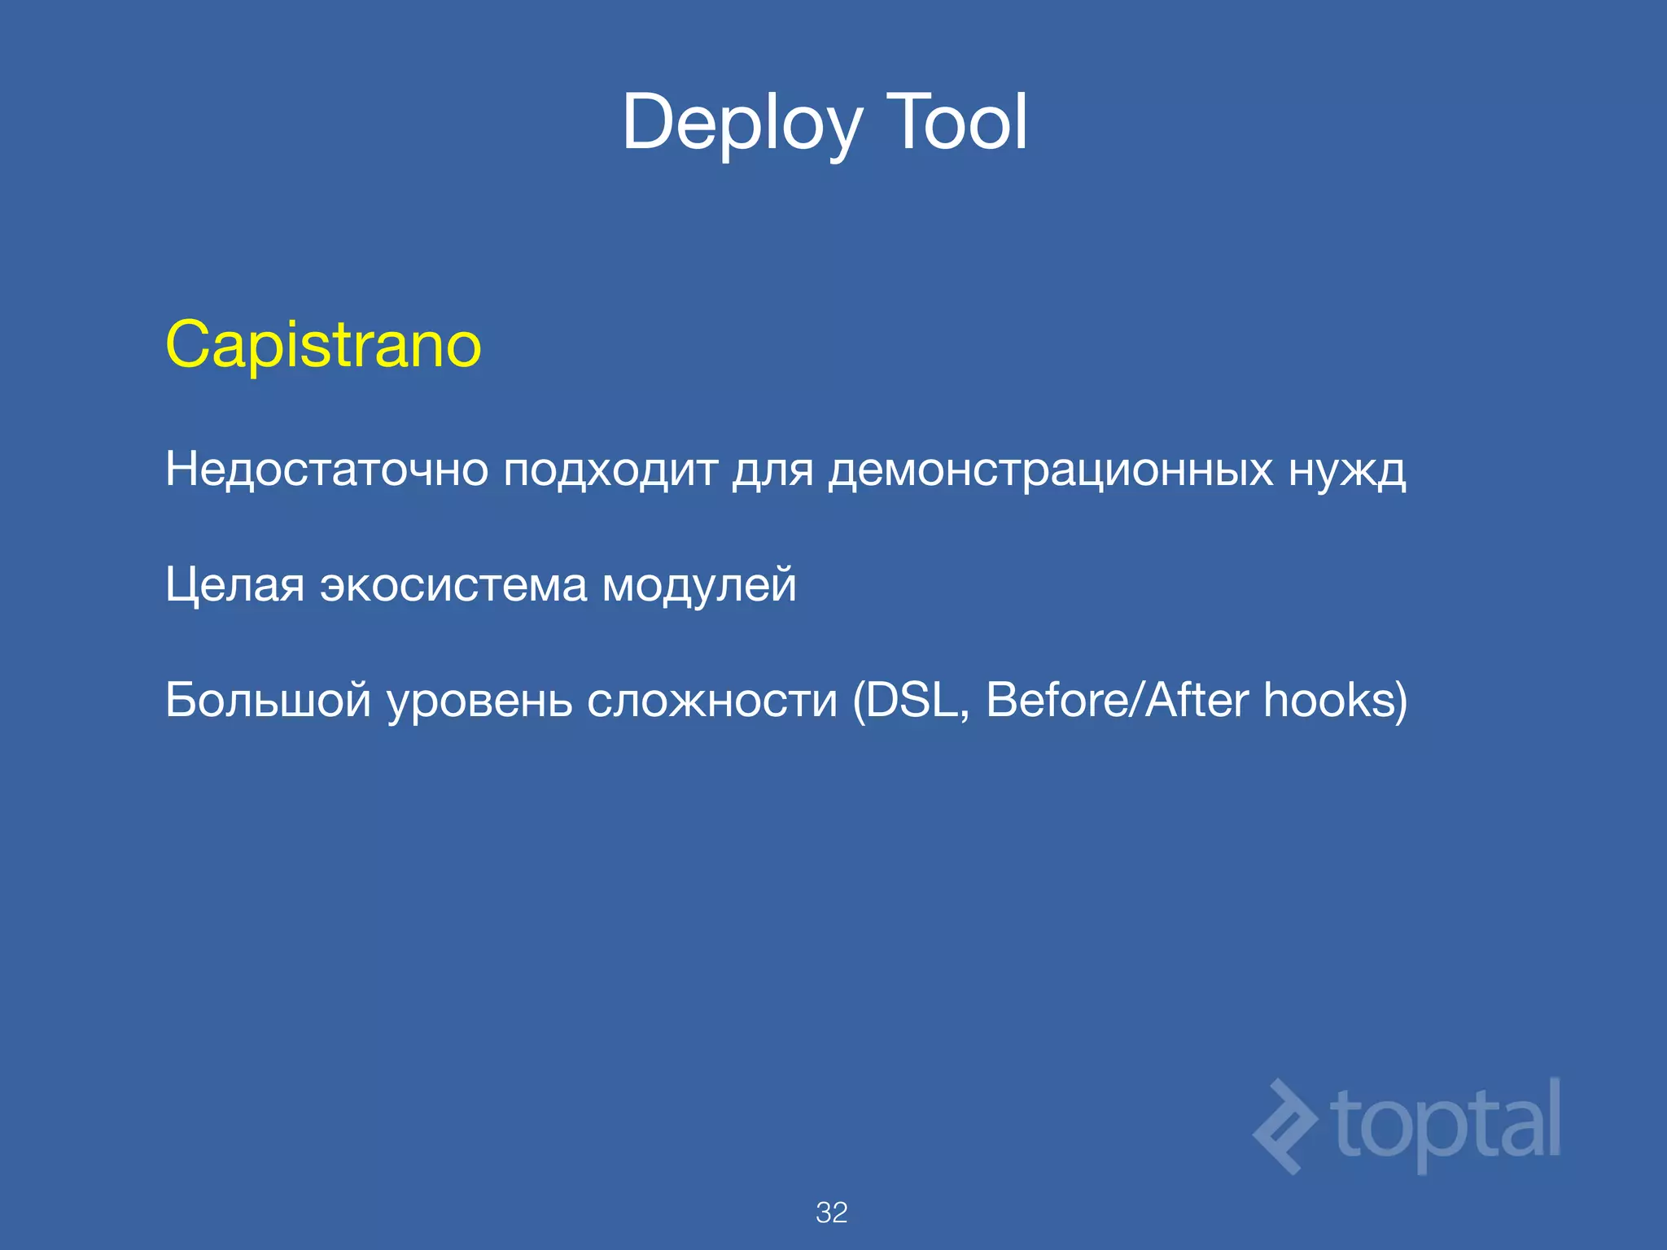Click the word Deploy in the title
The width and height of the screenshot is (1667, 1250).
tap(741, 124)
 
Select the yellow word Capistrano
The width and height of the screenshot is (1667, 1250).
tap(323, 345)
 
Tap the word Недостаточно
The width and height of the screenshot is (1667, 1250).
tap(326, 470)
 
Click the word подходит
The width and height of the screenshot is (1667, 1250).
tap(610, 470)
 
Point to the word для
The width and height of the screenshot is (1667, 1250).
tap(772, 470)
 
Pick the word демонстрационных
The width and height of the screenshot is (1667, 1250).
tap(1050, 470)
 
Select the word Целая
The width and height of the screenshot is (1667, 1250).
tap(234, 585)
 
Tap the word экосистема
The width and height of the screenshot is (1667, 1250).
tap(453, 585)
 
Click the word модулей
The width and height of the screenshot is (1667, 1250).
tap(698, 585)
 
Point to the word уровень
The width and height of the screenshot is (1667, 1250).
tap(479, 701)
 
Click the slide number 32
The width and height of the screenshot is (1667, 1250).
tap(832, 1213)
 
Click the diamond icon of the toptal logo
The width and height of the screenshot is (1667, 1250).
tap(1284, 1127)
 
